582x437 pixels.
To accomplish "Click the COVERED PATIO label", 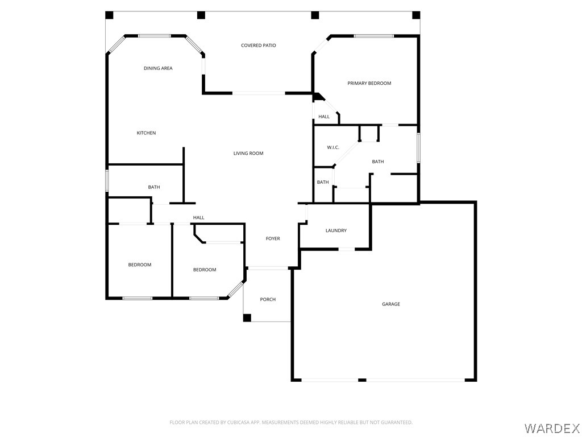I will click(258, 46).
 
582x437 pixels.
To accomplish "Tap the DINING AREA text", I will click(158, 68).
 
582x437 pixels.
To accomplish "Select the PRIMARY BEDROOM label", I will click(369, 84).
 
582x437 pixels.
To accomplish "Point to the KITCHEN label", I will click(146, 133).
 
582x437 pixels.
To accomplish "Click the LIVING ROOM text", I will click(248, 154).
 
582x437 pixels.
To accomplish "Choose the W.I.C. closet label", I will click(333, 148).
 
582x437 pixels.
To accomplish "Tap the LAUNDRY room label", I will click(336, 230).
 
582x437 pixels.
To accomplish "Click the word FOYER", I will click(273, 239).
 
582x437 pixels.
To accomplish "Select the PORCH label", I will click(268, 299).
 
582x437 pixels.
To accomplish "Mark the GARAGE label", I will click(391, 304).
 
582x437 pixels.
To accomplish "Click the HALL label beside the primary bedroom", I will click(324, 117).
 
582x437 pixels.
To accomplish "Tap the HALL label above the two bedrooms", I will click(198, 218).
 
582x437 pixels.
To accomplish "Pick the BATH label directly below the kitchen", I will click(154, 187).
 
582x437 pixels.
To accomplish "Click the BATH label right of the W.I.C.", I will click(378, 162).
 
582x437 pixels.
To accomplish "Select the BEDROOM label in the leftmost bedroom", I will click(140, 265).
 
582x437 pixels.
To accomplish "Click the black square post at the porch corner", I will click(247, 318).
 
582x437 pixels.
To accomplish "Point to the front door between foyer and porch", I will click(268, 267).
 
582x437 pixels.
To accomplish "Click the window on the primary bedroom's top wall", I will click(373, 36).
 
